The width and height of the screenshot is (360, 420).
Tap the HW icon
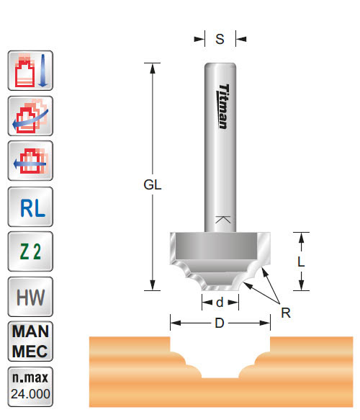click(30, 295)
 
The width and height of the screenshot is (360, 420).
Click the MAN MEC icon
click(30, 341)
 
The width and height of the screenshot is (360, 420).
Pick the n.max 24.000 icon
click(30, 387)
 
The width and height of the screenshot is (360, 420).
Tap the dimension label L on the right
click(301, 262)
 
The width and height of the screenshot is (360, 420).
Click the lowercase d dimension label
click(220, 303)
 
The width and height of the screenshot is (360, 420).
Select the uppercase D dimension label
click(220, 323)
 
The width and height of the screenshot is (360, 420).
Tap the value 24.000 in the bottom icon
click(30, 395)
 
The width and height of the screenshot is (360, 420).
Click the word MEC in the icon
click(30, 350)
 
